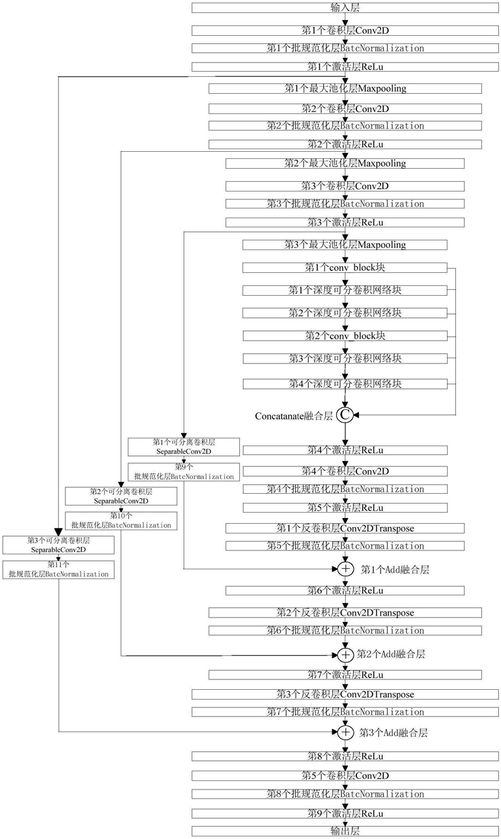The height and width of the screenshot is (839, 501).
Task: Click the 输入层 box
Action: pos(345,8)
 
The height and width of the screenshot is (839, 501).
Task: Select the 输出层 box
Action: pos(345,831)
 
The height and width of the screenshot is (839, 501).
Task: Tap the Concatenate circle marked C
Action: pos(345,414)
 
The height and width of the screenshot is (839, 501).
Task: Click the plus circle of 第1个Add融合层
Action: pos(345,569)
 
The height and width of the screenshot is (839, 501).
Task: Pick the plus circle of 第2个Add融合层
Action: pos(345,653)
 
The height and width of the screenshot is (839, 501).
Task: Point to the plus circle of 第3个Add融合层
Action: pos(345,732)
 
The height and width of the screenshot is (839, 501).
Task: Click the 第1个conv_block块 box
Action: pos(345,268)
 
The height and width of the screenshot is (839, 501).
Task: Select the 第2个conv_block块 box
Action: pos(345,336)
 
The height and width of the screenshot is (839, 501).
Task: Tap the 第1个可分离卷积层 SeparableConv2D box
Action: pos(184,446)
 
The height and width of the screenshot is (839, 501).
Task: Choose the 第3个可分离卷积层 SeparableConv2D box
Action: pos(59,545)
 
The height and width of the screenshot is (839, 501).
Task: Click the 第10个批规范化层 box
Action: pos(121,520)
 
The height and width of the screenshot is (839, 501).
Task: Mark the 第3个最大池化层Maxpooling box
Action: pos(345,245)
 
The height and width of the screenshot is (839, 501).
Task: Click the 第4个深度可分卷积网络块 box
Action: pos(345,384)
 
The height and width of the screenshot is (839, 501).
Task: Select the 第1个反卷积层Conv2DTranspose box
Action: pos(345,528)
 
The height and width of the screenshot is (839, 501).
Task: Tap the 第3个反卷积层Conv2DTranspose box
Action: pos(345,694)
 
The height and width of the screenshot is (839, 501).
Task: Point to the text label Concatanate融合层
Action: pos(294,415)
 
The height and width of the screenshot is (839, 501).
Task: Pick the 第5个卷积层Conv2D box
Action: pos(345,776)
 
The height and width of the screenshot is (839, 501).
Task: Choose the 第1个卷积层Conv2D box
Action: pos(345,31)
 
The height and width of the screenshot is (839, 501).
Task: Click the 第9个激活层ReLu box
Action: pos(345,814)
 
